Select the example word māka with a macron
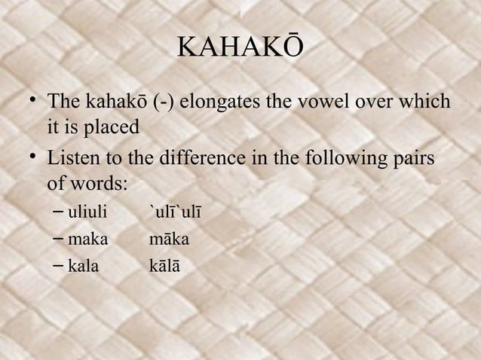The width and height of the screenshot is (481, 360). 169,239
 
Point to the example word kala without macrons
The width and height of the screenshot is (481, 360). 83,266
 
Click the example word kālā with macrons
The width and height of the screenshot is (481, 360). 165,266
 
